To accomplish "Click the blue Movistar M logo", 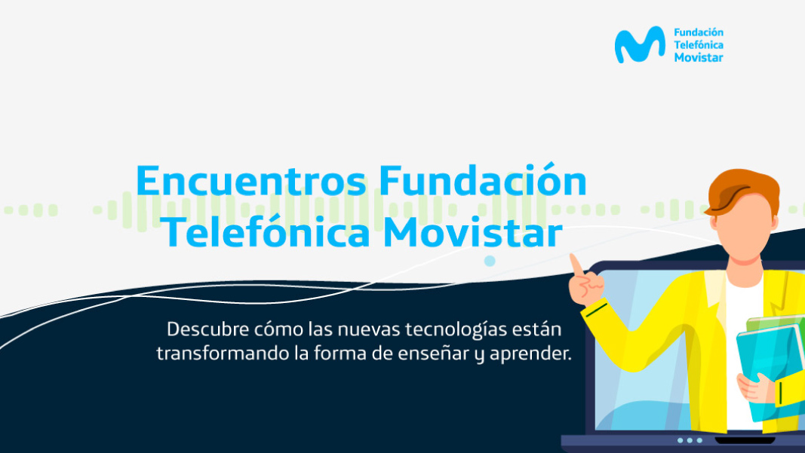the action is (x=640, y=44).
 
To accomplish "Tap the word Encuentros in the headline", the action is (x=251, y=181).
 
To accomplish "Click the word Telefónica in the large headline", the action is (x=267, y=232).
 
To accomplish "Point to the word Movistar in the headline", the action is (x=473, y=232).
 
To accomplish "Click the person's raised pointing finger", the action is (x=576, y=265).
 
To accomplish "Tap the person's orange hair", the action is (x=742, y=191).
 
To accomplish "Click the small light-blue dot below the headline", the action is (x=490, y=261).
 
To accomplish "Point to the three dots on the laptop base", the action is (x=690, y=440).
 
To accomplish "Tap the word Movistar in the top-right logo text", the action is (x=698, y=57).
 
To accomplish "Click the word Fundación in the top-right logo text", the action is (x=698, y=32).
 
